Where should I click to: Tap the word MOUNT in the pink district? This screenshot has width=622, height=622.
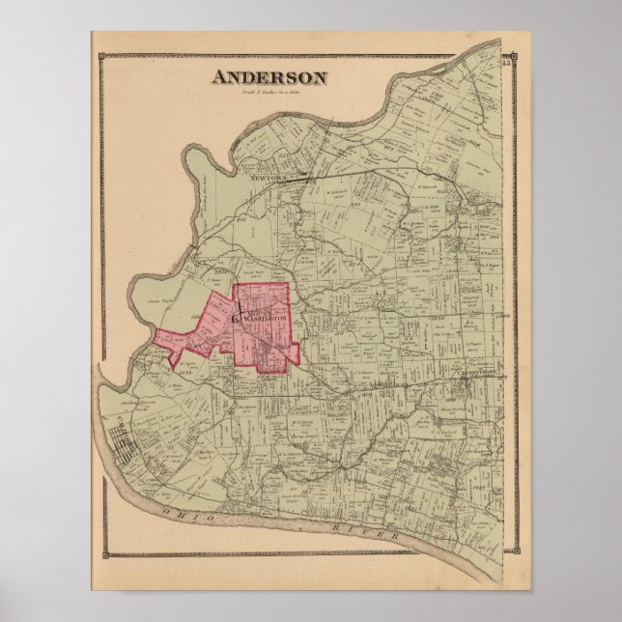point(257,312)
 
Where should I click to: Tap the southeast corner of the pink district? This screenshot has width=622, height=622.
point(298,366)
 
